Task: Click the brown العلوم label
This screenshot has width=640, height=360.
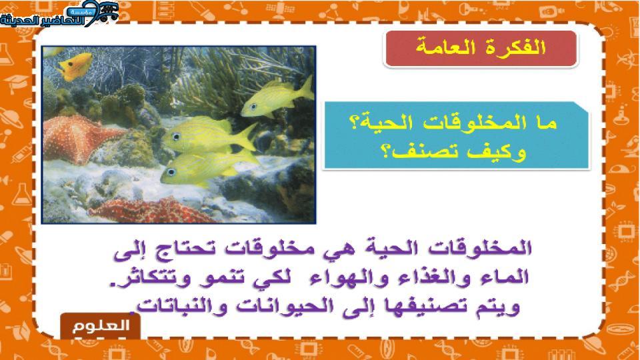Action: tap(101, 326)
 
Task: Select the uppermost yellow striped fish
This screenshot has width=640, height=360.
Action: tap(277, 97)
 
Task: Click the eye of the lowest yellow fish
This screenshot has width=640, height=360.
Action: tap(171, 172)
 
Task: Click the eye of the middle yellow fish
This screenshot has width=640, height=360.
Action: tap(176, 137)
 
